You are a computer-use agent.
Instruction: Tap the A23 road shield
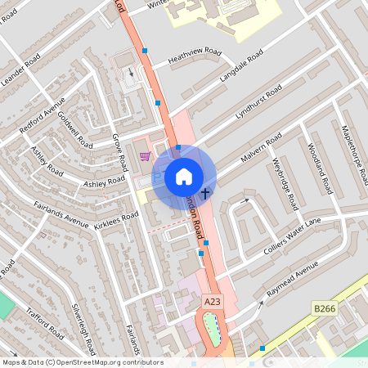point(213,303)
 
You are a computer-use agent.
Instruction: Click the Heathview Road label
point(195,56)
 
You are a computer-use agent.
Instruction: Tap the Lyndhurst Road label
point(258,101)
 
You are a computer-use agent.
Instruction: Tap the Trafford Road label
point(43,321)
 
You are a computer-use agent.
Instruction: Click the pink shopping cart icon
point(145,156)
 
